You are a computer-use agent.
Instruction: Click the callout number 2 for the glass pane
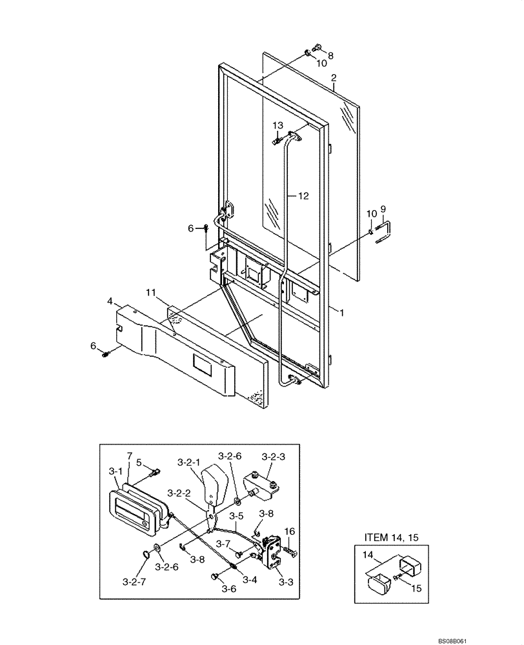click(x=333, y=79)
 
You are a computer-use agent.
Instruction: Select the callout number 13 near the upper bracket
click(x=277, y=124)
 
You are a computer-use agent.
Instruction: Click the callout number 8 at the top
click(x=331, y=55)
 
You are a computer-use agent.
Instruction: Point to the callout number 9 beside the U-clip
click(x=383, y=209)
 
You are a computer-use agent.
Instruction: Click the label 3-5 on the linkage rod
click(x=237, y=515)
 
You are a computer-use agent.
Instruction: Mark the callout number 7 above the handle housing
click(x=128, y=456)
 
